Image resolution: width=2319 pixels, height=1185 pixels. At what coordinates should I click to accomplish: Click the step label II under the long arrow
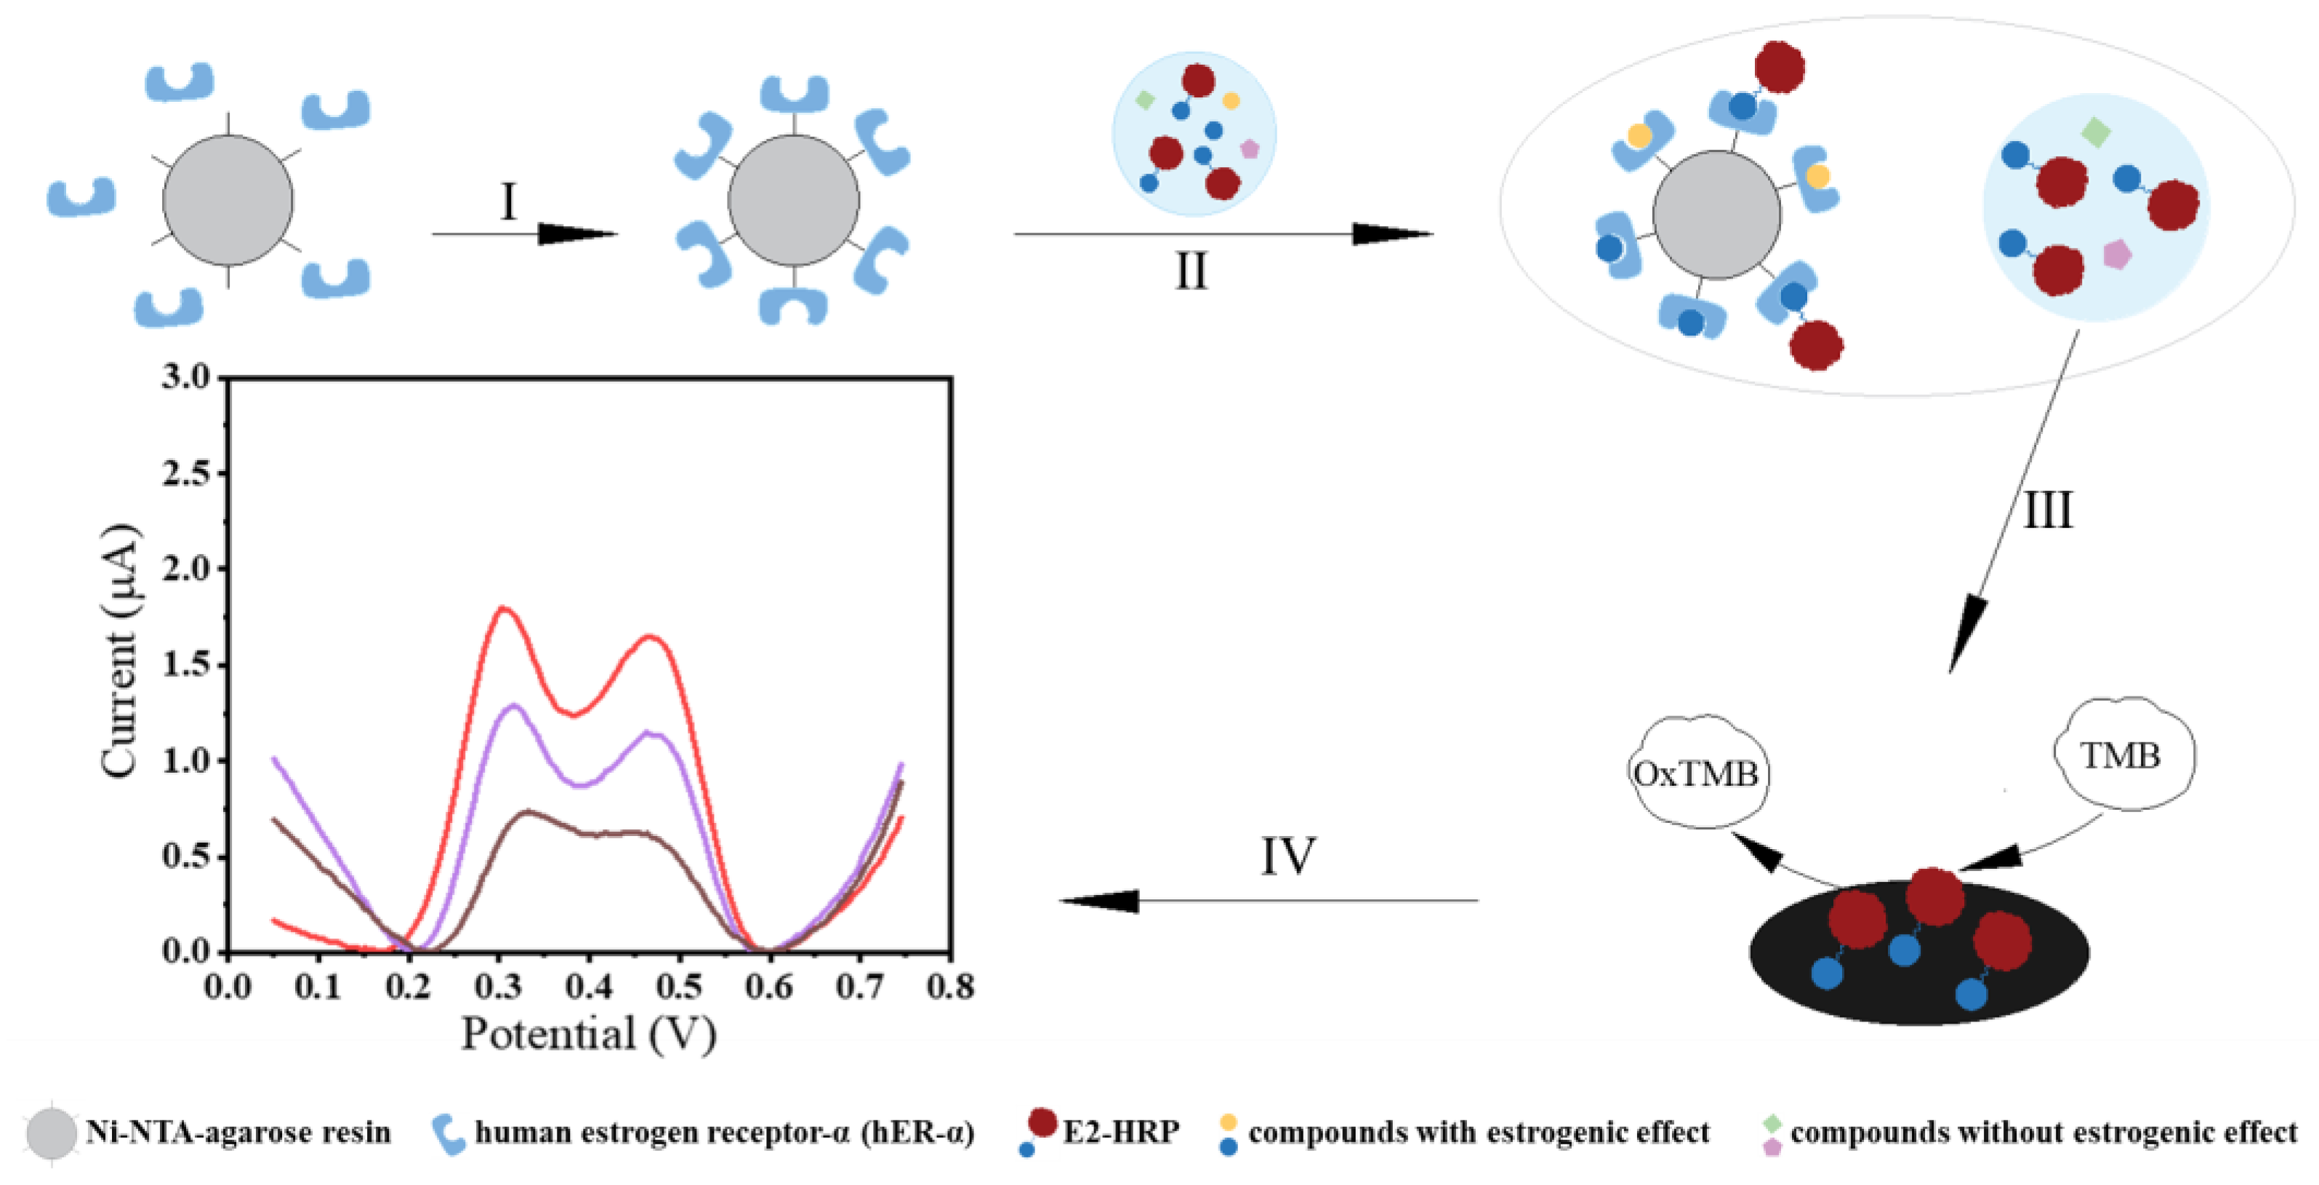[1191, 270]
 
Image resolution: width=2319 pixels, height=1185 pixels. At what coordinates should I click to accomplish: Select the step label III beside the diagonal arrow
[2047, 510]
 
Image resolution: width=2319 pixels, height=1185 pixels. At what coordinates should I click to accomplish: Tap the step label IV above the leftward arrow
[1287, 856]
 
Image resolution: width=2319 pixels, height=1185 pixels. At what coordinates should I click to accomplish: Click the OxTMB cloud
[1696, 774]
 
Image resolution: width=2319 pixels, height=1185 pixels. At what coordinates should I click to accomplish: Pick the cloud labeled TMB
[2121, 755]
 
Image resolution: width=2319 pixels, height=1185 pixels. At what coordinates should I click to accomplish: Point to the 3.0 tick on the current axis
[185, 377]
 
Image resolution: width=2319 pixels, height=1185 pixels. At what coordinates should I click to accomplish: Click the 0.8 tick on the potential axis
[951, 987]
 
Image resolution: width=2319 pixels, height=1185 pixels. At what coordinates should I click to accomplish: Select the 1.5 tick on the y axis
[185, 664]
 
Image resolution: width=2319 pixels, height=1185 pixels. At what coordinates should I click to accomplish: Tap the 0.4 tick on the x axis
[589, 987]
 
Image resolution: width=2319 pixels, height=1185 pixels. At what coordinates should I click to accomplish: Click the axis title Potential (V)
[589, 1034]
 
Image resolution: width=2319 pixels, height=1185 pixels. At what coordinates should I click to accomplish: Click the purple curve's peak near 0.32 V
[514, 706]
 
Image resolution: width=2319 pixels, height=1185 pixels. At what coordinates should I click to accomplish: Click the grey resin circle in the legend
[52, 1133]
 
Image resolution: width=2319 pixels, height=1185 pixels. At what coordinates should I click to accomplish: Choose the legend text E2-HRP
[1121, 1132]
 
